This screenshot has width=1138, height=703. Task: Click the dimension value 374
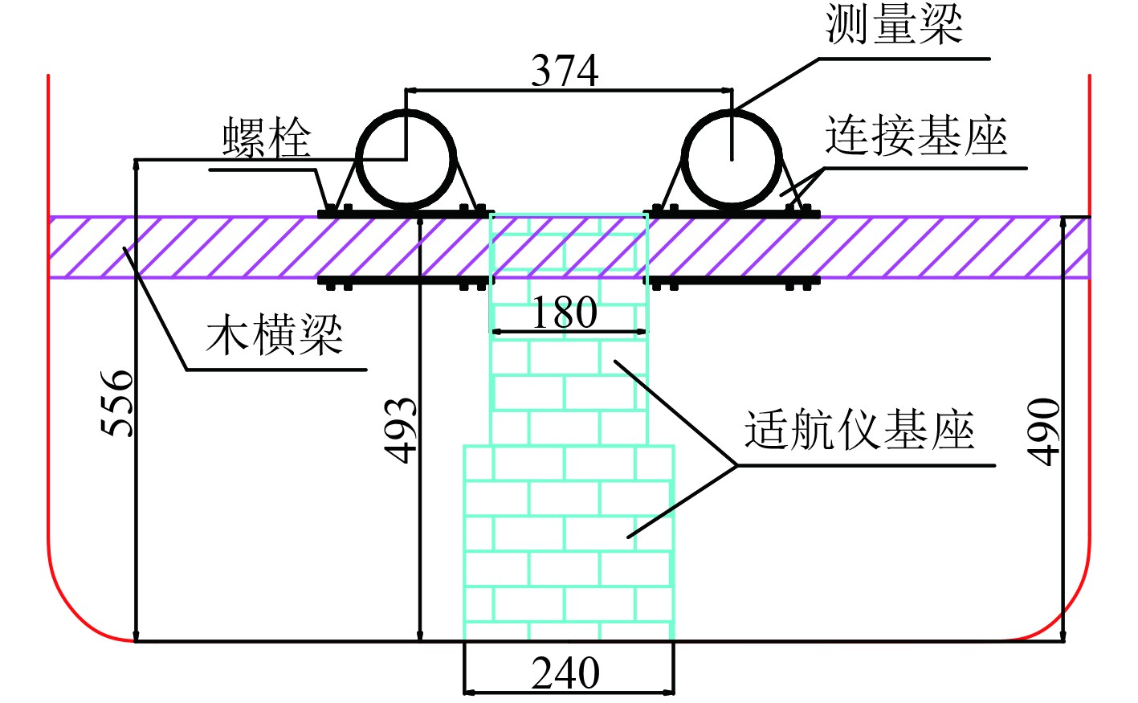[565, 71]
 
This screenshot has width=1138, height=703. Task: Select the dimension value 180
[565, 312]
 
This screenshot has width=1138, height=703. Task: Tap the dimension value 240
[565, 673]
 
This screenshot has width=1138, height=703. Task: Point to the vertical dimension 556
[117, 403]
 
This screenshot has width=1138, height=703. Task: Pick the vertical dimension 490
[1044, 431]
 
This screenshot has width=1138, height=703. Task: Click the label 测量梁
[894, 24]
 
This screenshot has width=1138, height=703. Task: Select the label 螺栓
[266, 138]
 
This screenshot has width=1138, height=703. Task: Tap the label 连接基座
[916, 136]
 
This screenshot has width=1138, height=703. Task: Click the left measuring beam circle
[406, 158]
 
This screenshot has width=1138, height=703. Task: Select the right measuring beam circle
[732, 158]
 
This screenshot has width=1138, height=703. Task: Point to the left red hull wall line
[49, 321]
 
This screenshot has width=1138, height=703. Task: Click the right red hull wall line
[1089, 321]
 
